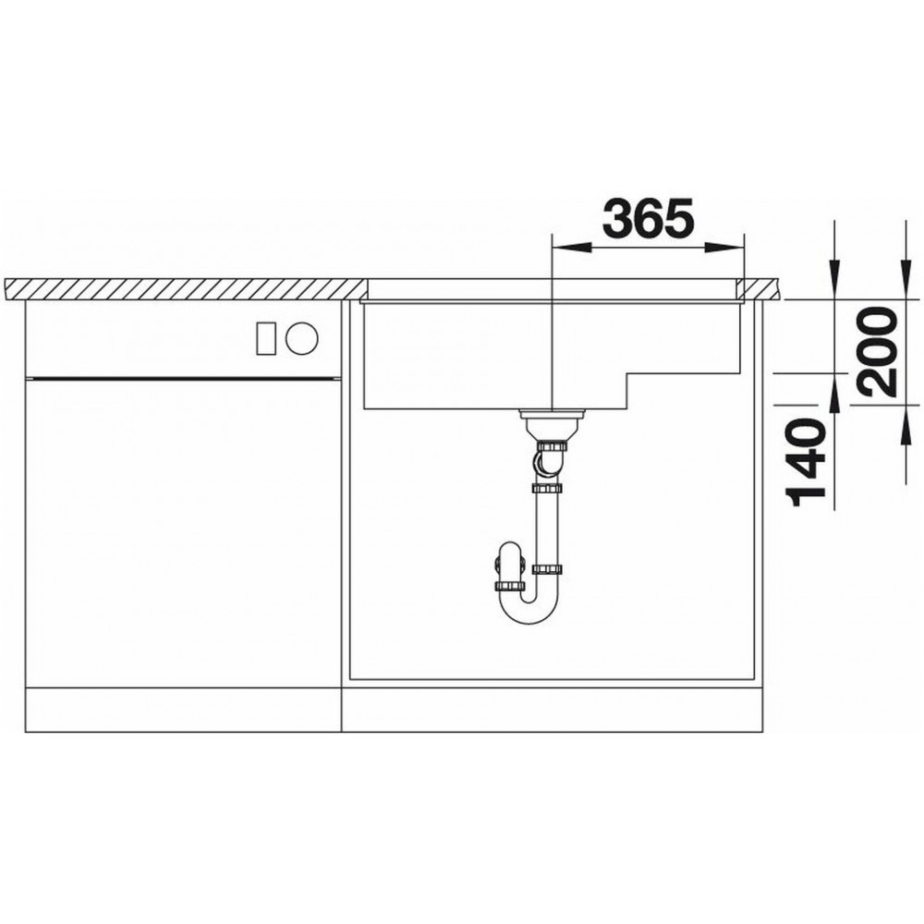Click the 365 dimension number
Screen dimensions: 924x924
tap(649, 217)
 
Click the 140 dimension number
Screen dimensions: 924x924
tap(805, 463)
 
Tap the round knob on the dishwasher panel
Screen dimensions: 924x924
tap(302, 337)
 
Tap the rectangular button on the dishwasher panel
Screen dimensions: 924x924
tap(266, 337)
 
